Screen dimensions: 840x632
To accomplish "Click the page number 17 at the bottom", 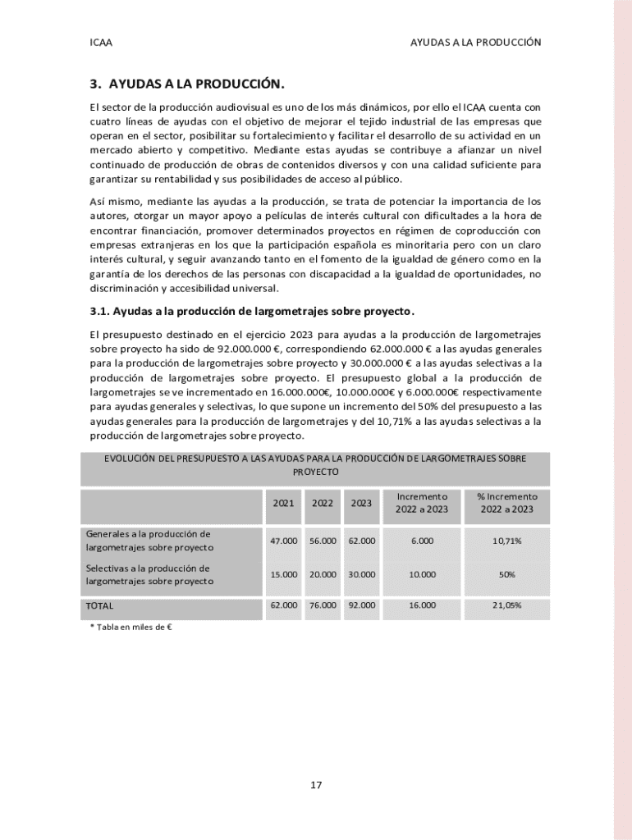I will pos(316,785).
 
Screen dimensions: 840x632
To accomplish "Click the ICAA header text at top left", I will pos(101,42).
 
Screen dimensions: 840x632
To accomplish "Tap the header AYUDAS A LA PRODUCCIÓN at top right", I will pos(475,42).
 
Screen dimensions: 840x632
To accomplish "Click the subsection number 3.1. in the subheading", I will pos(99,311).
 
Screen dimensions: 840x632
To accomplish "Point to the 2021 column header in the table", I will pos(283,503).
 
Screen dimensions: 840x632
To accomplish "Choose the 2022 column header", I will pos(322,503).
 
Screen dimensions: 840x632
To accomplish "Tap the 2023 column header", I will pos(361,503).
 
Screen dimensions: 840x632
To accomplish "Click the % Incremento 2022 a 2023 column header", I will pos(506,503).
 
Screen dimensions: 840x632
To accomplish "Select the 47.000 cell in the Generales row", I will pos(283,541).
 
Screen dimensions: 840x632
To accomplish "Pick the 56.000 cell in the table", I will pos(322,541).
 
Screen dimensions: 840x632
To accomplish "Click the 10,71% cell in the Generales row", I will pos(506,541).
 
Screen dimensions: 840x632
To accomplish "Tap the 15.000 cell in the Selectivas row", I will pos(283,574).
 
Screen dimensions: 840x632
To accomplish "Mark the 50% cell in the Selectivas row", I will pos(506,574).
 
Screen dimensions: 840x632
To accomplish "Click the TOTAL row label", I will pos(99,606).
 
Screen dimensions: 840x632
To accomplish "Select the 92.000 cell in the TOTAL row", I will pos(361,605).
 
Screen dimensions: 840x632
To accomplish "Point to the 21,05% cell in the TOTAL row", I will pos(506,605).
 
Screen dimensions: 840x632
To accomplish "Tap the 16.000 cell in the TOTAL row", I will pos(422,605).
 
